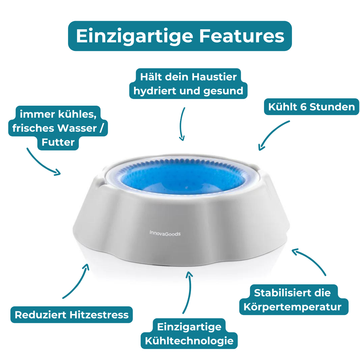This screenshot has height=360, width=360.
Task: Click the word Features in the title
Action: (x=242, y=36)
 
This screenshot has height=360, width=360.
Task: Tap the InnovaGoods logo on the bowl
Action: (x=165, y=233)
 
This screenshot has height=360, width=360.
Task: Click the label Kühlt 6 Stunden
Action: (x=312, y=107)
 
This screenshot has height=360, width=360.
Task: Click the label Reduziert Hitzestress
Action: (x=72, y=315)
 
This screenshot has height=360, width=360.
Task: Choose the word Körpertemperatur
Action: (x=293, y=307)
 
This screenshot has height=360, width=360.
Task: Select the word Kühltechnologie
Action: (x=189, y=341)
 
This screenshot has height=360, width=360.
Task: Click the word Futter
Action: (x=58, y=142)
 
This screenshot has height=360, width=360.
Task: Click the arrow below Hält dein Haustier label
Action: (x=182, y=124)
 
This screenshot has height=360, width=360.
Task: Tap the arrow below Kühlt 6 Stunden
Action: (x=271, y=133)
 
